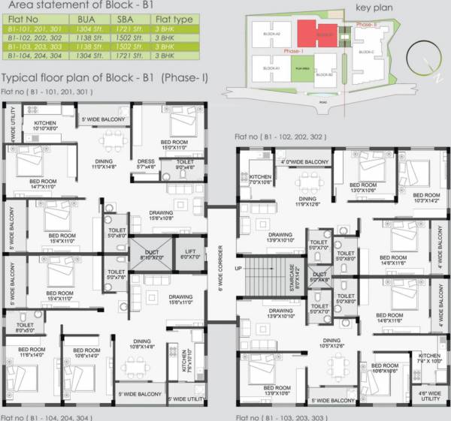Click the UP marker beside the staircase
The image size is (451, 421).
tap(239, 269)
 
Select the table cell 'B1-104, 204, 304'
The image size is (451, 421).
tap(34, 56)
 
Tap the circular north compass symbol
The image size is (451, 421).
tap(419, 59)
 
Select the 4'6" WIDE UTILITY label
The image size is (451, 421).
tap(431, 395)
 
